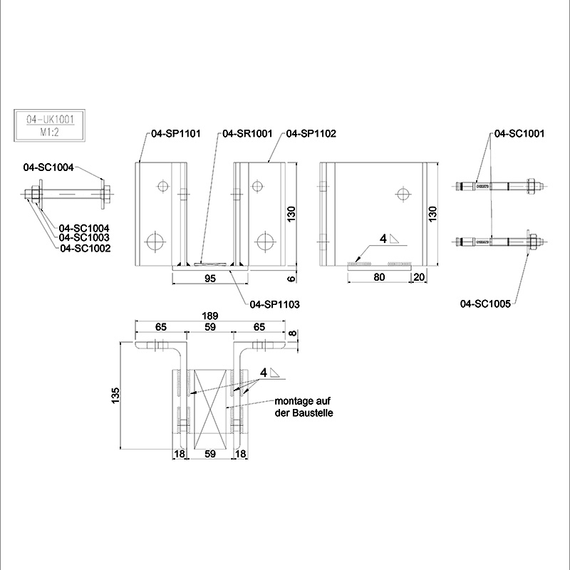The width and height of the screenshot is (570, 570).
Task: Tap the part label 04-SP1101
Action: [x=175, y=133]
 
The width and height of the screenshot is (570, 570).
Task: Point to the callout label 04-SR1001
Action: [x=247, y=133]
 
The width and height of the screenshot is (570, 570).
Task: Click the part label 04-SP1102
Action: [x=311, y=133]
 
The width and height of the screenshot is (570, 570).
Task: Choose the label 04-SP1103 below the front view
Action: [x=274, y=304]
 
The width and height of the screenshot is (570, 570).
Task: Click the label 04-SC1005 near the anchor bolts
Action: [x=487, y=304]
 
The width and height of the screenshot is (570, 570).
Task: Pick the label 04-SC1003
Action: [x=83, y=237]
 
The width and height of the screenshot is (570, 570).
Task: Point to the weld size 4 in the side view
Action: [x=383, y=239]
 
